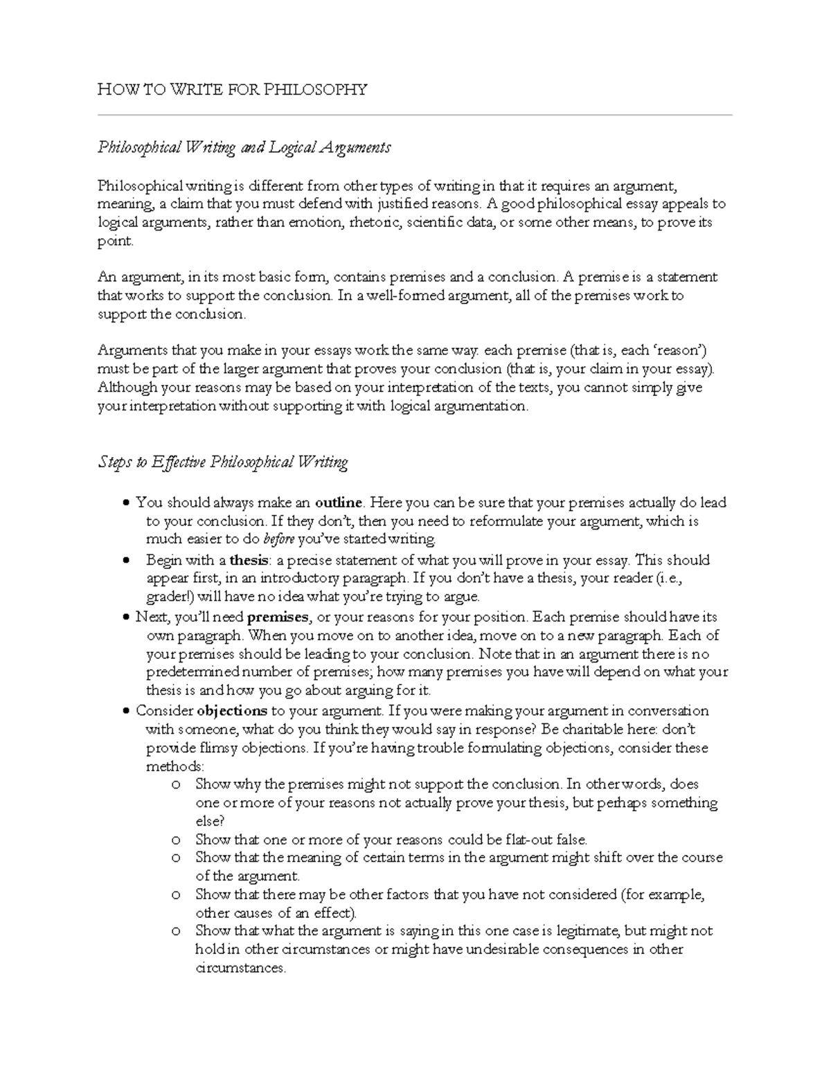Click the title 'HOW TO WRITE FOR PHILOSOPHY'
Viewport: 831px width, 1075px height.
(232, 89)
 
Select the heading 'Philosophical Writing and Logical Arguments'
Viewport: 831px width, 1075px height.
(244, 147)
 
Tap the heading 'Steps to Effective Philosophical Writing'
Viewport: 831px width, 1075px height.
(222, 462)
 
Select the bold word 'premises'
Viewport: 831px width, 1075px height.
(277, 617)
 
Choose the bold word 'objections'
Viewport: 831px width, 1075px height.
(232, 711)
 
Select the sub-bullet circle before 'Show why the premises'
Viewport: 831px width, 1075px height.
(177, 785)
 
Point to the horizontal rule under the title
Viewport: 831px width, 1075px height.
(415, 115)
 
